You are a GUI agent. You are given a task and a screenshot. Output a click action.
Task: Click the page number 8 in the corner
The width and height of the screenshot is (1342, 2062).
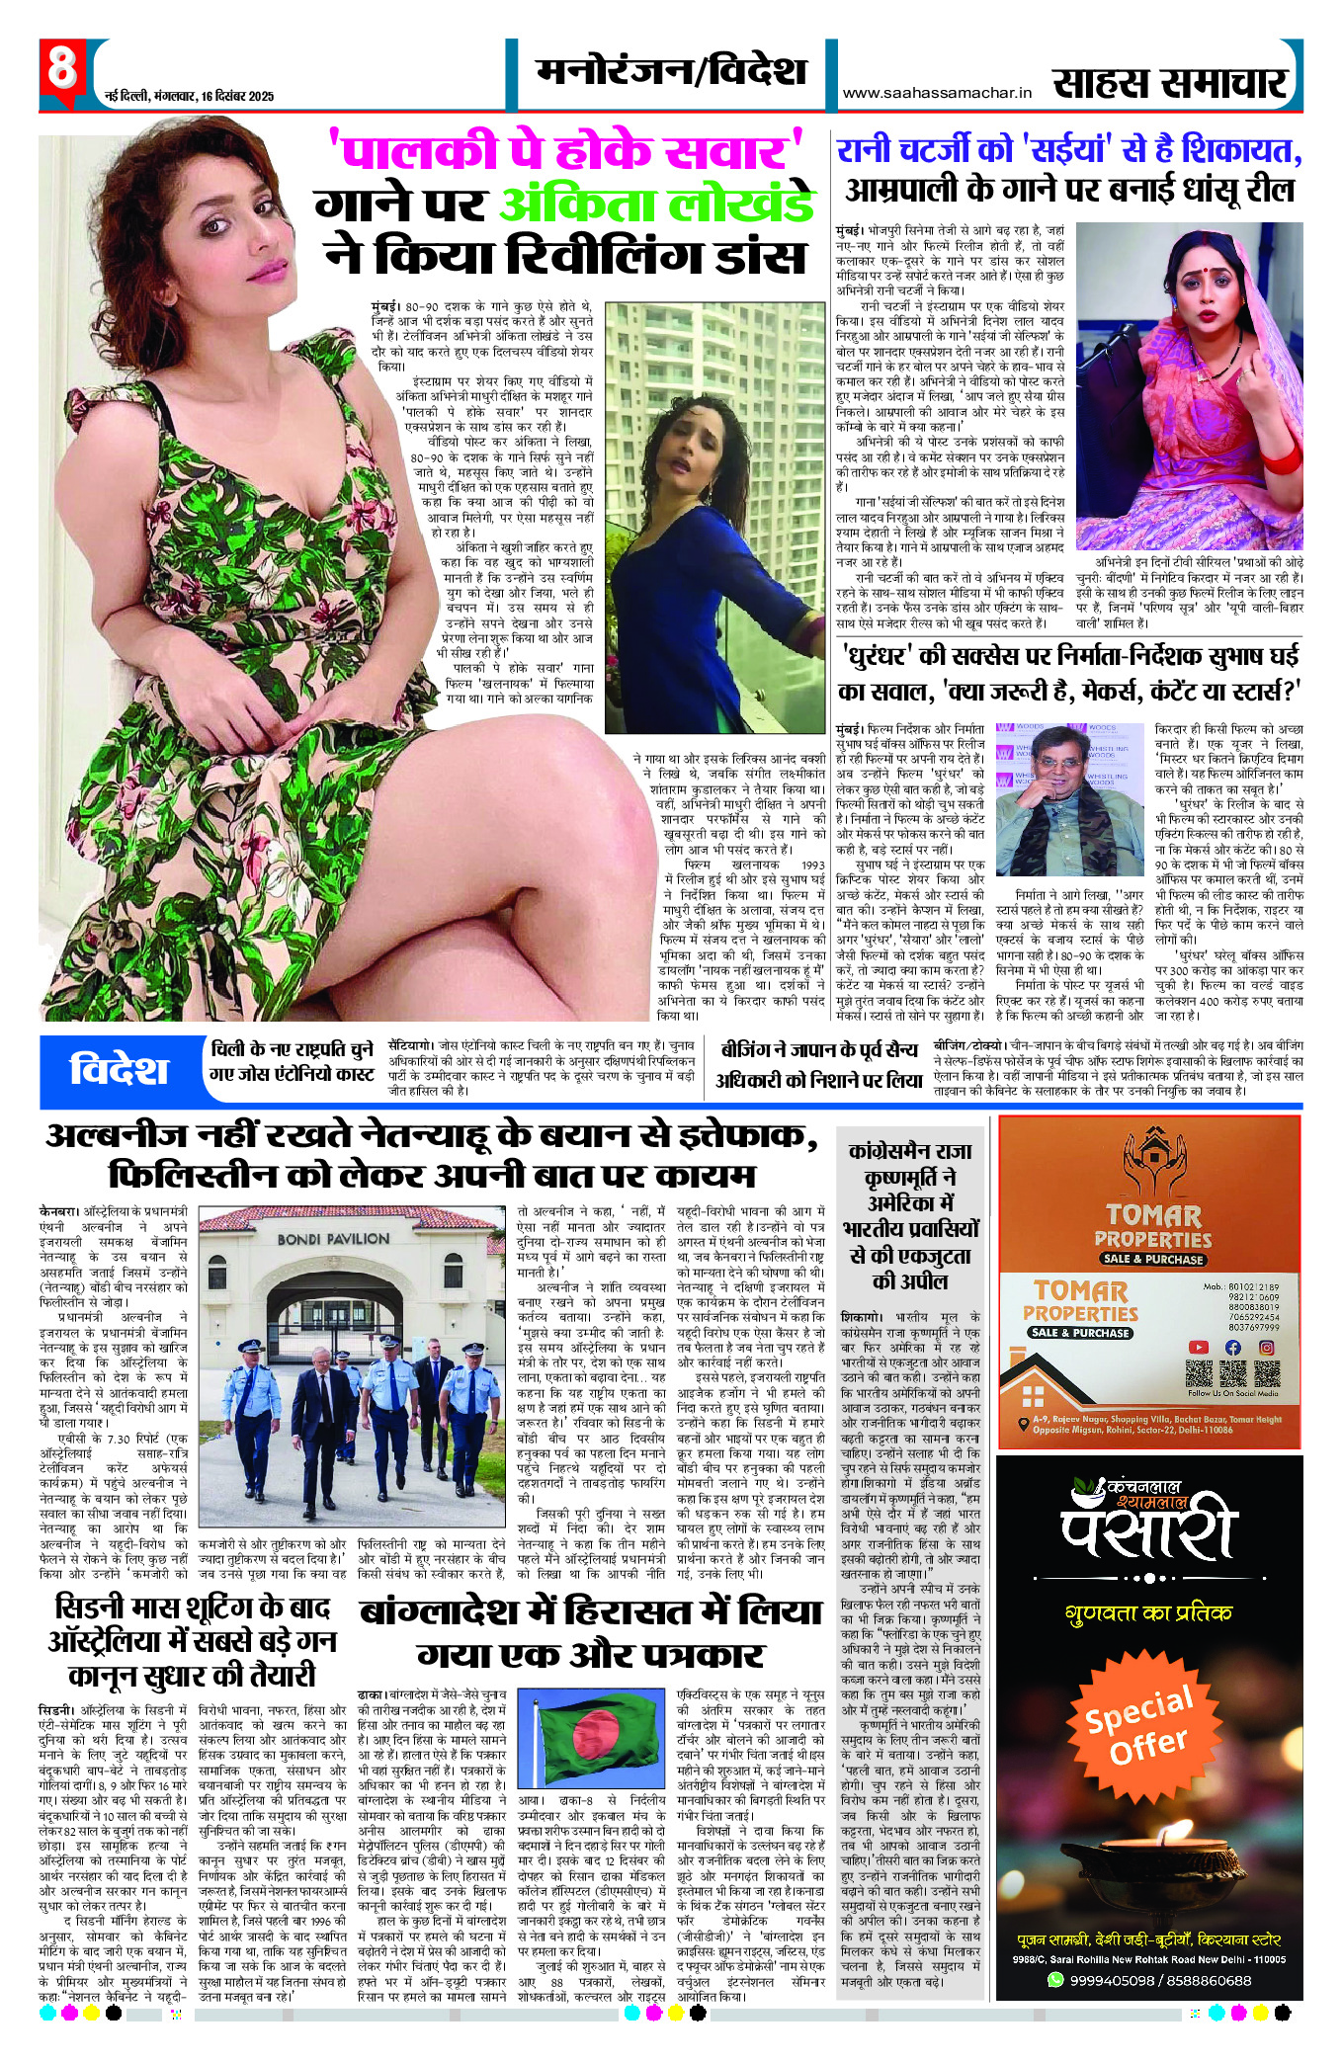pyautogui.click(x=61, y=70)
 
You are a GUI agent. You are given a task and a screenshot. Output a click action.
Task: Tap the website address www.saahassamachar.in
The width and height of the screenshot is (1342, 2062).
pyautogui.click(x=936, y=93)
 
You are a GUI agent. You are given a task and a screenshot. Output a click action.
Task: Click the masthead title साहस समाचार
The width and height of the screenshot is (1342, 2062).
pyautogui.click(x=1171, y=83)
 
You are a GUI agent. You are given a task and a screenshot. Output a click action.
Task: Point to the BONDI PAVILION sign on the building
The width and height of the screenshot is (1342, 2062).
pyautogui.click(x=333, y=1238)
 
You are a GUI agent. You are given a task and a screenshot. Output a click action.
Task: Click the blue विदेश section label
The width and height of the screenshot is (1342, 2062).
pyautogui.click(x=119, y=1070)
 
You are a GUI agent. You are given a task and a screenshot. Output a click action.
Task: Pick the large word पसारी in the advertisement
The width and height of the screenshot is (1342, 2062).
pyautogui.click(x=1149, y=1529)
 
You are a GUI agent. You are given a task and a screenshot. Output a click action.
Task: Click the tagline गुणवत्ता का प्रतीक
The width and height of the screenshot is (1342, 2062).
pyautogui.click(x=1148, y=1613)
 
